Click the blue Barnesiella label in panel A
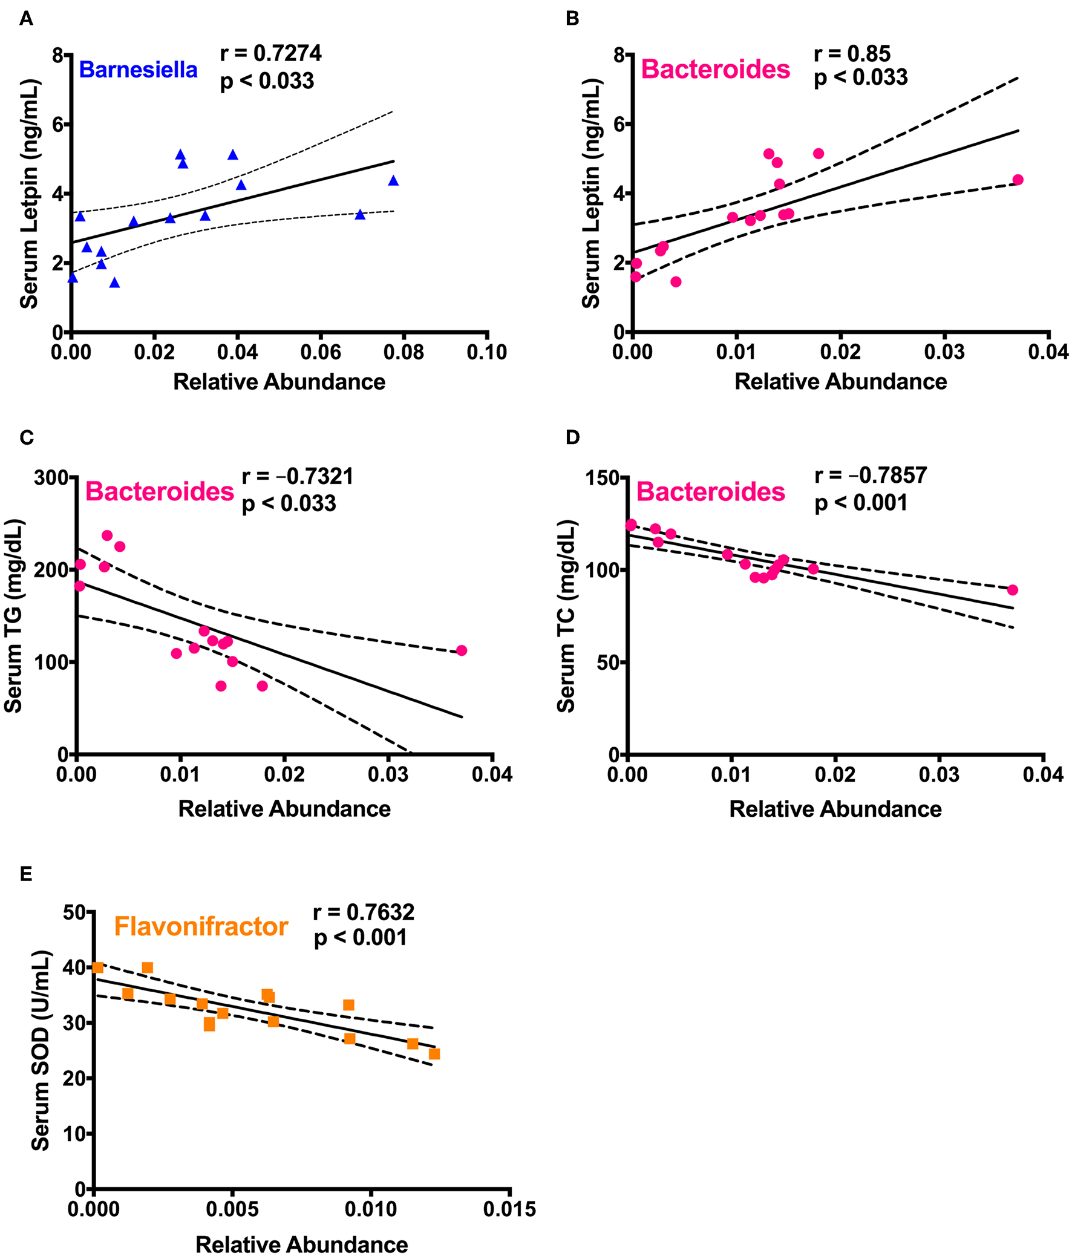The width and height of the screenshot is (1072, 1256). pos(138,70)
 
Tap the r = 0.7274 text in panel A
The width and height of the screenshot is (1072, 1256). pos(270,53)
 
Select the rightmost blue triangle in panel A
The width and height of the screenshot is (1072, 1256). pos(393,181)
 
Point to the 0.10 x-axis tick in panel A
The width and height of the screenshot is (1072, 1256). pos(486,352)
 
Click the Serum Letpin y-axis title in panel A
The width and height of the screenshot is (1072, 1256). pos(29,194)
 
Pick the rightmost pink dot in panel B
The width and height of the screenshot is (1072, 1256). pos(1018,180)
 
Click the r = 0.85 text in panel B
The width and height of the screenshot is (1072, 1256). pos(852,54)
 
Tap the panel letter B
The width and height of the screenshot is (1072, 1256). pos(572,19)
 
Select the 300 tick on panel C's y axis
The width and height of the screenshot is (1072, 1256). pos(51,478)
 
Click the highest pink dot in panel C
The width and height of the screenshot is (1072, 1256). pos(107,535)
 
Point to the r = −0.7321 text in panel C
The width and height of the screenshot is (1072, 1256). pos(298,477)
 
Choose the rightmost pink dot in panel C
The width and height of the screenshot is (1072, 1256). pos(462,650)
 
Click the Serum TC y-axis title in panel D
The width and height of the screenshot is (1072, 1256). pos(566,616)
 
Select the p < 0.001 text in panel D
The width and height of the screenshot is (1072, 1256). pos(860,503)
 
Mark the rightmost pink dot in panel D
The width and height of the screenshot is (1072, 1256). pos(1012,590)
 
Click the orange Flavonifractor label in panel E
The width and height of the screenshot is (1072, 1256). pos(201,927)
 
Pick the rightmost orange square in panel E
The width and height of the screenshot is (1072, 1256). pos(434,1054)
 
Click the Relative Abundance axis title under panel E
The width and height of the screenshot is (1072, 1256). pos(301,1244)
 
